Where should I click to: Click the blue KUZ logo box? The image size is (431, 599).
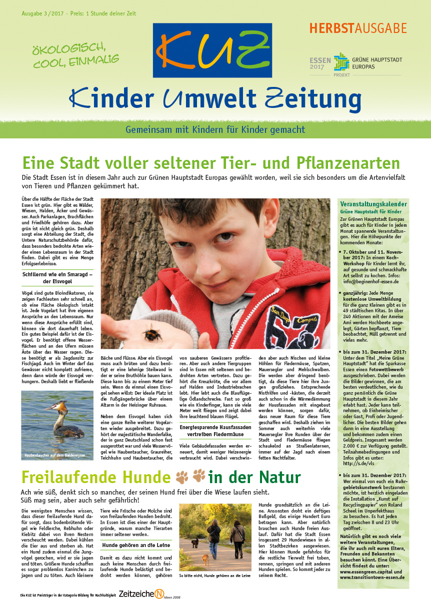point(213,50)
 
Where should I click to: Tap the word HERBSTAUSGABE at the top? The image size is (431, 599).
point(358,28)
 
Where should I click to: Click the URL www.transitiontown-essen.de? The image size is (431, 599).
point(372,577)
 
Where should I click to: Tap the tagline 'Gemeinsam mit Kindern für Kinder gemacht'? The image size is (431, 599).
point(215,129)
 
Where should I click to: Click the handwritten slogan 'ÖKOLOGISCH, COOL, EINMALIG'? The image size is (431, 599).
point(75,54)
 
